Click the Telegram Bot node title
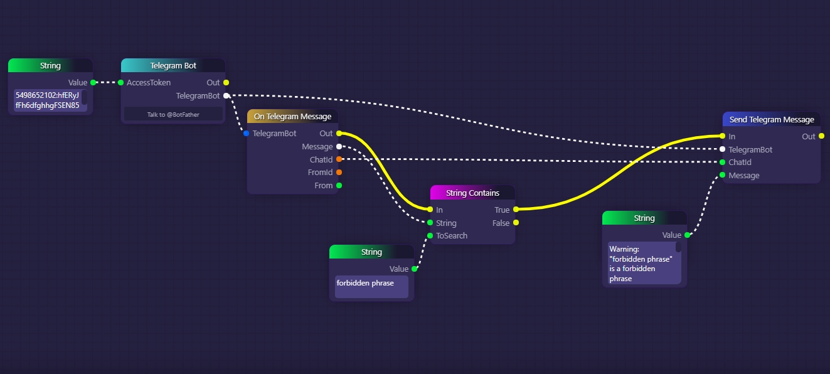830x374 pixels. [x=173, y=66]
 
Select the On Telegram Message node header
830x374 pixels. [x=292, y=117]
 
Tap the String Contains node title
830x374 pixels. [x=472, y=193]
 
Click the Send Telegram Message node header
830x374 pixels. [x=771, y=120]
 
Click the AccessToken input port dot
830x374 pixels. [x=121, y=82]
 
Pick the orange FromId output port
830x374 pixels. [x=339, y=173]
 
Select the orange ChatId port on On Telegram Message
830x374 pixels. [x=339, y=159]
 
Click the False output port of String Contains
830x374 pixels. [x=516, y=223]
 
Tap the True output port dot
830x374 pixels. [x=516, y=210]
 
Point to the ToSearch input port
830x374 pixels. [x=430, y=236]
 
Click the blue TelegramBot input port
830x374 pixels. [x=247, y=134]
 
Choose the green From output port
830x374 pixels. [x=339, y=186]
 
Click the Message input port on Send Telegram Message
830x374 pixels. [x=723, y=175]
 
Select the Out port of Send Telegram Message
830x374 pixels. [x=822, y=136]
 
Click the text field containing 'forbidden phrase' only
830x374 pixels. [x=371, y=286]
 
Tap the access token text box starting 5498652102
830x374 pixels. [x=48, y=100]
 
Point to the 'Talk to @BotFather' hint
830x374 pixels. [x=173, y=114]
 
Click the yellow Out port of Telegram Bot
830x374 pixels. [x=226, y=82]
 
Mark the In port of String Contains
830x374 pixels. [x=430, y=210]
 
